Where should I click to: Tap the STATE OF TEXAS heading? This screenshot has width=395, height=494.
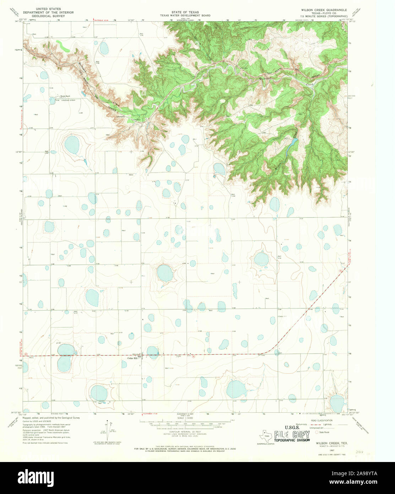pos(185,12)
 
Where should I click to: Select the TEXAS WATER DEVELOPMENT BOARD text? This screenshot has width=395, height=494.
pos(185,16)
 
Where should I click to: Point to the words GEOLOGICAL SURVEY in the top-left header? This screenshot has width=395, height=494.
pos(48,16)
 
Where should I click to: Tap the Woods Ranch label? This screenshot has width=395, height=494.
pos(65,96)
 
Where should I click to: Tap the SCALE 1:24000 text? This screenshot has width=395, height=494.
pos(185,418)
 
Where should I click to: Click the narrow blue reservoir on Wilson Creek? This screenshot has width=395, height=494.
pos(292,143)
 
